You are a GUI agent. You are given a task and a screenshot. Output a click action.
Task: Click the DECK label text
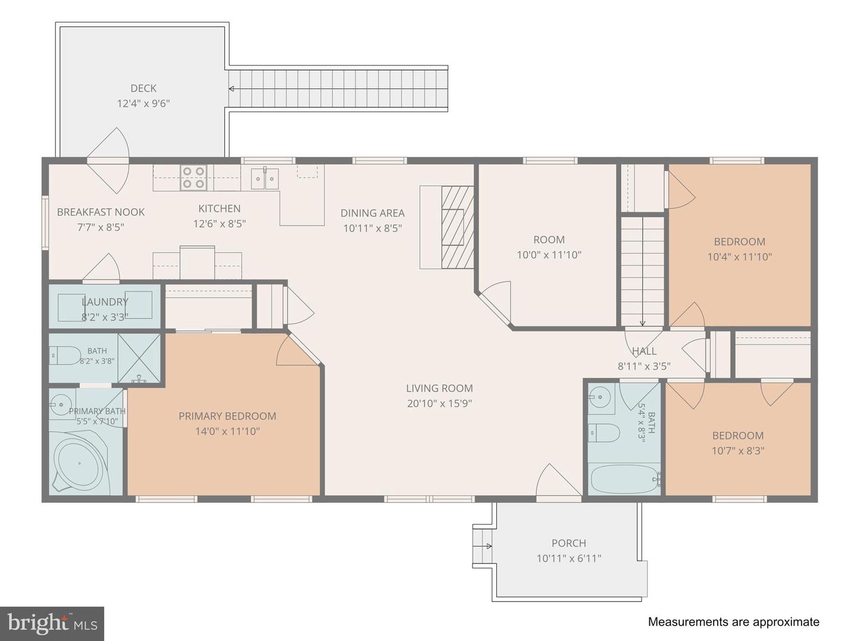(x=143, y=88)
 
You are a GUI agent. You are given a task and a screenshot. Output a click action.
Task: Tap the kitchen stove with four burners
(x=193, y=177)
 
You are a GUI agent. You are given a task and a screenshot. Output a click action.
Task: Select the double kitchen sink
(x=265, y=179)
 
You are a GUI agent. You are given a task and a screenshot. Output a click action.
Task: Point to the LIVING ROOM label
(x=439, y=388)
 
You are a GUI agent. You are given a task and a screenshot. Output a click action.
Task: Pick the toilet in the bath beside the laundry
(x=64, y=355)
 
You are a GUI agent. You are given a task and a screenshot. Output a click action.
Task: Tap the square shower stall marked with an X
(x=139, y=358)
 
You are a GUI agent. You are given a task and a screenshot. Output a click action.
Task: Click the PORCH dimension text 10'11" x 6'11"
(x=569, y=559)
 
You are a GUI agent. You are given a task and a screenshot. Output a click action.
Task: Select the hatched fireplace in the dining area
(x=457, y=227)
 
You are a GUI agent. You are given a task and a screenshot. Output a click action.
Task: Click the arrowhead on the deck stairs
(x=231, y=89)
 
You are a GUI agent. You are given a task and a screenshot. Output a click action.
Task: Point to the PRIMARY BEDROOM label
(x=227, y=416)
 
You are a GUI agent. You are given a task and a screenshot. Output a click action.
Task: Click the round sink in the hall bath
(x=599, y=398)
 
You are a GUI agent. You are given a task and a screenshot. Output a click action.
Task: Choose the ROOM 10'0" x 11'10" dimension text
(x=549, y=255)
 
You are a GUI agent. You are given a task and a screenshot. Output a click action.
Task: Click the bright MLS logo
(x=52, y=624)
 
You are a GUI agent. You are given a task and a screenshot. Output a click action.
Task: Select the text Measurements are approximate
(x=734, y=621)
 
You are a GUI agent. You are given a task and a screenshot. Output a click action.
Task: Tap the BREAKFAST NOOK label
(x=101, y=212)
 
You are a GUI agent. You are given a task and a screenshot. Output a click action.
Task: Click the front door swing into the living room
(x=558, y=480)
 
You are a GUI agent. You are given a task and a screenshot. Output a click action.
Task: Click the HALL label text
(x=644, y=351)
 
